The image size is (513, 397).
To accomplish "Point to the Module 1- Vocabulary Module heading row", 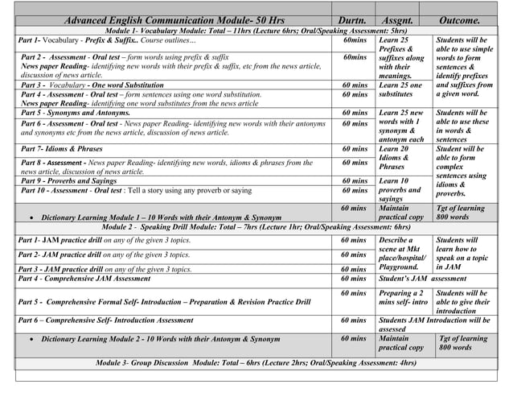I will [256, 30].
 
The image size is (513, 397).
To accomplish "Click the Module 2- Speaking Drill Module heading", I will [256, 227].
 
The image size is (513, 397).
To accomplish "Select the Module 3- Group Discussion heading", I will [256, 363].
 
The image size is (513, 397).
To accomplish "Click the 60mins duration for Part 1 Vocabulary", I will [354, 39].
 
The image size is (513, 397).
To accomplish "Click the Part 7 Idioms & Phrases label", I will [62, 149].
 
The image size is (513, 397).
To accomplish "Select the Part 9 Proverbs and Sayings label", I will [68, 181].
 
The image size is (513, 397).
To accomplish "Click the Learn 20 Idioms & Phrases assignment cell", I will [400, 158].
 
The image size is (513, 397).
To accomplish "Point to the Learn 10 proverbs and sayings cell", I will [400, 190].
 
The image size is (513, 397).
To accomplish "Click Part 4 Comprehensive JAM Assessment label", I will [84, 279].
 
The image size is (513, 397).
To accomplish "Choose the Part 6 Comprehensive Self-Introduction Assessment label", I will [105, 320].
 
